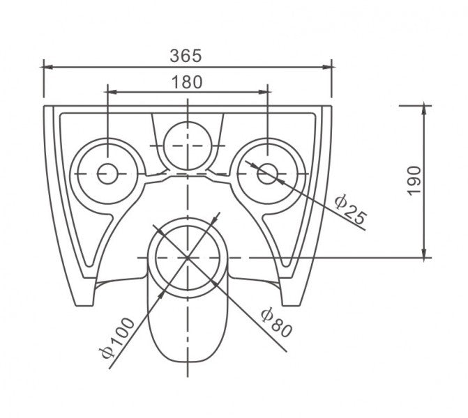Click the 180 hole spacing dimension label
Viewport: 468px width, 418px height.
pyautogui.click(x=187, y=81)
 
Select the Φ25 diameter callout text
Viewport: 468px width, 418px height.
pyautogui.click(x=349, y=209)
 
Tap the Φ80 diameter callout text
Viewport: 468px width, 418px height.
pyautogui.click(x=275, y=321)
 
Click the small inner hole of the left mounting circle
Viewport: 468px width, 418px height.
pyautogui.click(x=107, y=173)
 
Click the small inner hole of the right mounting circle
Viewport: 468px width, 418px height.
pyautogui.click(x=267, y=173)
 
